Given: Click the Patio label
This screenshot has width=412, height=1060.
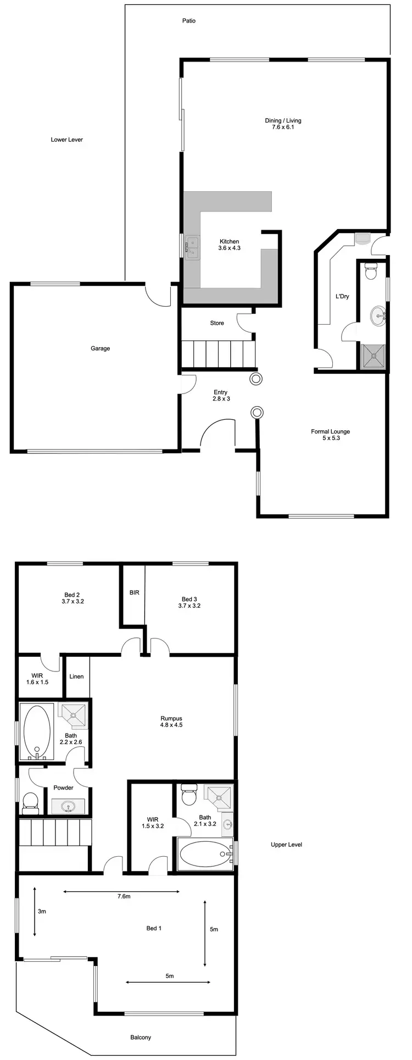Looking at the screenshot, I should click(x=189, y=21).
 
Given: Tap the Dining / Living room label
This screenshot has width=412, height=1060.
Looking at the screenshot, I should click(x=283, y=121).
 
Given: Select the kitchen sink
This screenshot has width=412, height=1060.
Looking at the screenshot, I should click(x=192, y=247).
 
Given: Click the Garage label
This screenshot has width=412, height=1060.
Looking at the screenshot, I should click(x=101, y=348).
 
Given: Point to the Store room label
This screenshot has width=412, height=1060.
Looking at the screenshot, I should click(x=217, y=323).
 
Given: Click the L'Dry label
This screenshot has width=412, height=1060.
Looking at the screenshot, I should click(x=342, y=297).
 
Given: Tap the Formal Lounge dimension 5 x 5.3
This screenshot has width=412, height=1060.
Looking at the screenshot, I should click(x=330, y=439).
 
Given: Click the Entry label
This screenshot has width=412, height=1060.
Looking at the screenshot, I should click(x=221, y=392).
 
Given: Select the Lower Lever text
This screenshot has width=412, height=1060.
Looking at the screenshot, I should click(x=67, y=140).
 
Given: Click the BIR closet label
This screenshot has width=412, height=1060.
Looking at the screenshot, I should click(x=134, y=593).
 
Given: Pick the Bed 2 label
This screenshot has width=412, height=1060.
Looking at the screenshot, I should click(x=72, y=595).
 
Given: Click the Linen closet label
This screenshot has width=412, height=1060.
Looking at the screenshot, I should click(x=76, y=676).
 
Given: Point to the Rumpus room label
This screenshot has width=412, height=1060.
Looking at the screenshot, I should click(x=171, y=718).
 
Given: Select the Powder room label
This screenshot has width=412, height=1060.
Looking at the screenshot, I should click(x=63, y=787).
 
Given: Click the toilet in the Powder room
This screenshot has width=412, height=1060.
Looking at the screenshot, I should click(x=30, y=803).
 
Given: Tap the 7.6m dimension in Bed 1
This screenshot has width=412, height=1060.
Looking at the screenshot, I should click(x=124, y=897).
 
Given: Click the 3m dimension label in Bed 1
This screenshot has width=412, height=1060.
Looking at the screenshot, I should click(x=42, y=911).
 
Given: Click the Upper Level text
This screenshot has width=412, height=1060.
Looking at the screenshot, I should click(x=287, y=845).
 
